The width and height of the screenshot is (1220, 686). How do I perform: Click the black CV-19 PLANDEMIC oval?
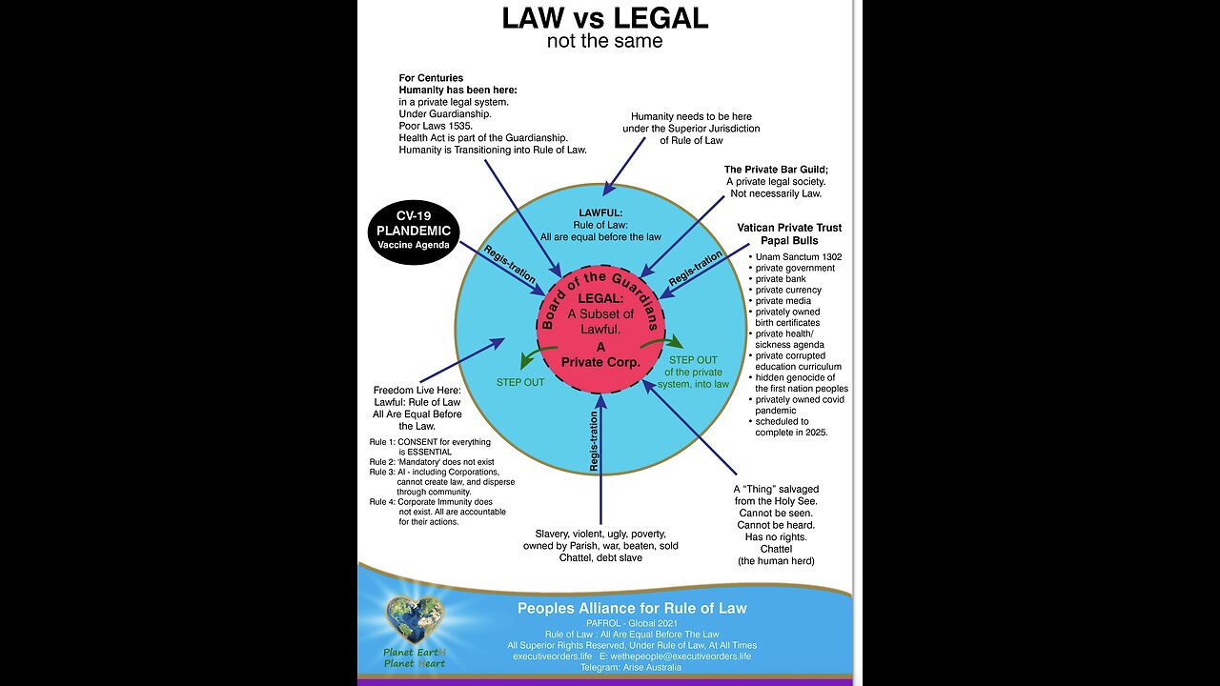click(x=414, y=232)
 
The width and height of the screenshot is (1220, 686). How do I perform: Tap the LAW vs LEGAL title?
click(x=604, y=19)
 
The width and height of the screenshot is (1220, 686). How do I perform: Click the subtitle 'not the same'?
click(x=604, y=41)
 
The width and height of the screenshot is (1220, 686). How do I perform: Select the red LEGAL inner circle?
click(x=600, y=329)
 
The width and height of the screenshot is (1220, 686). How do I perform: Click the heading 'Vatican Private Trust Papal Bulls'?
click(x=789, y=234)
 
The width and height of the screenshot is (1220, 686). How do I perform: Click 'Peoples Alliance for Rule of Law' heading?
click(x=632, y=608)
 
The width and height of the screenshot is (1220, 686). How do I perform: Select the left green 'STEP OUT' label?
click(x=520, y=382)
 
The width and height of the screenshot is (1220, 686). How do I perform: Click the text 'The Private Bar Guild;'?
click(x=776, y=170)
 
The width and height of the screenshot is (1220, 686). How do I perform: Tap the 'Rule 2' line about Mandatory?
click(x=427, y=462)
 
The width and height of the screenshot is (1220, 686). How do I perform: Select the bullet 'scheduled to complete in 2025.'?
click(x=791, y=426)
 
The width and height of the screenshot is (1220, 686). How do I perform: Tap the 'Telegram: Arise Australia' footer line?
click(x=632, y=668)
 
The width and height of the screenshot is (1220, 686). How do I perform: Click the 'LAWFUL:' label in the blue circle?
click(x=600, y=212)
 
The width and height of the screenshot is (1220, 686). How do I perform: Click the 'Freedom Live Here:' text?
click(x=417, y=391)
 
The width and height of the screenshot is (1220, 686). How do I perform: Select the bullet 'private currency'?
click(x=787, y=290)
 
